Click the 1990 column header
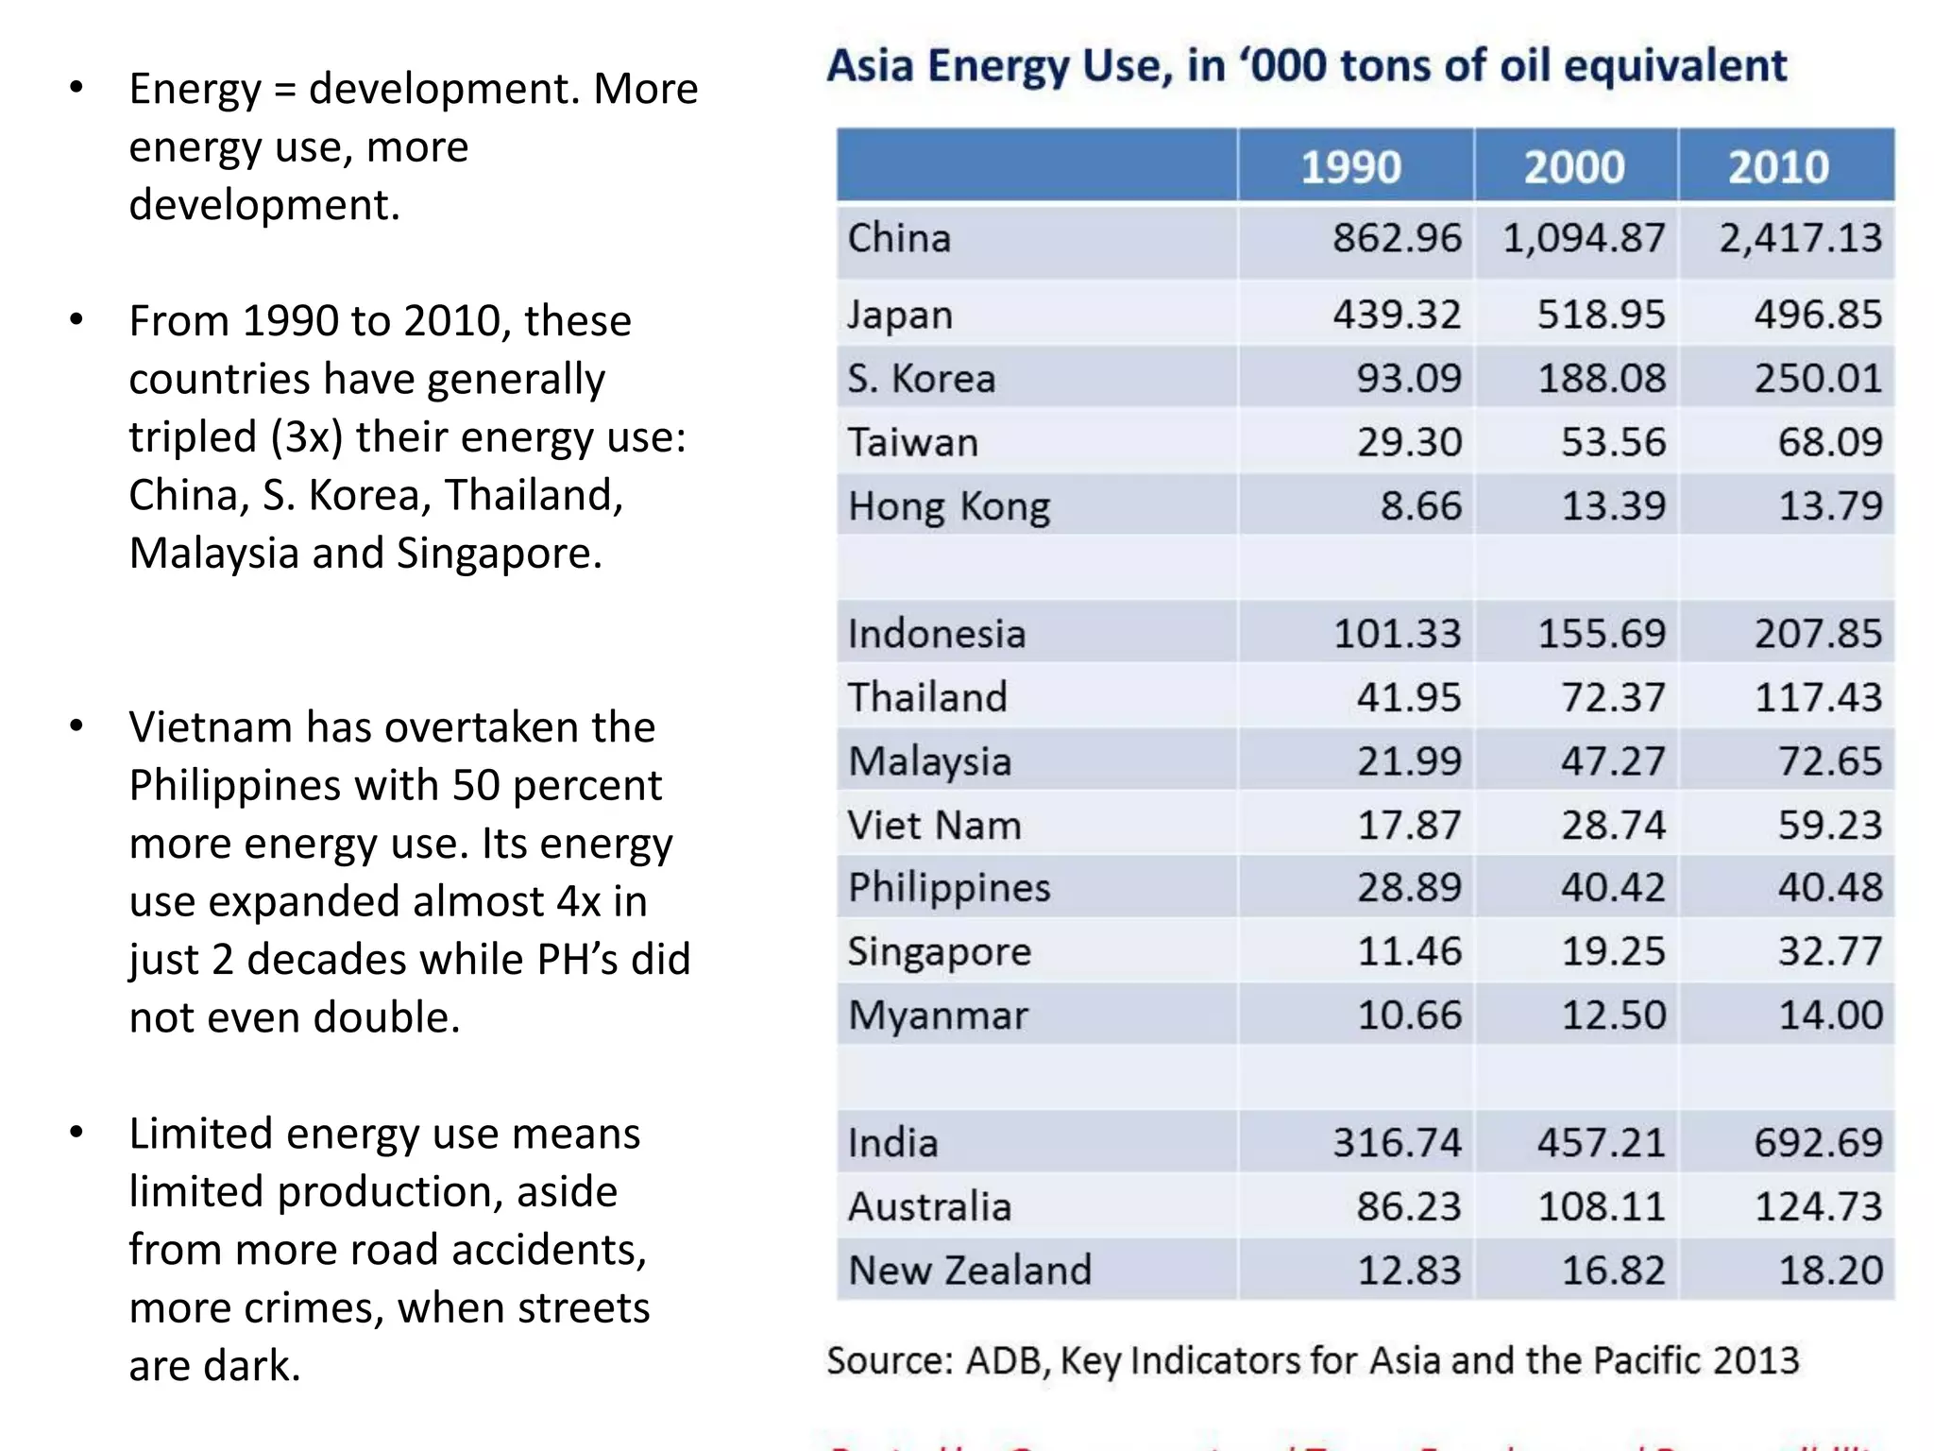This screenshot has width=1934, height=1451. [1350, 167]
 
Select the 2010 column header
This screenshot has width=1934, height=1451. [1778, 167]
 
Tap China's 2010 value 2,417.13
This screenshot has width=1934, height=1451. [1800, 238]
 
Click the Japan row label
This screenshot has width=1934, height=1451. [899, 315]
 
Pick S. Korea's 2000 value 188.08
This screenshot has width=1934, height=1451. [1602, 379]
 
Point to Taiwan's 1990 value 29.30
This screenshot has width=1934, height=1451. [1409, 442]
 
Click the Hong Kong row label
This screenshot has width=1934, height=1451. [948, 506]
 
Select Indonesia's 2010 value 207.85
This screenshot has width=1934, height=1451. [1818, 634]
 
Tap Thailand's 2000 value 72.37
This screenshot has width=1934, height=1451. [1613, 697]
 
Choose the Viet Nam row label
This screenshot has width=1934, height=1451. [934, 825]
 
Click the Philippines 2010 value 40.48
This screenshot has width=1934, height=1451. [1830, 887]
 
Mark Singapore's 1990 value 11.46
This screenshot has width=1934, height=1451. [1409, 951]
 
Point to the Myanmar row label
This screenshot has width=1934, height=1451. [938, 1016]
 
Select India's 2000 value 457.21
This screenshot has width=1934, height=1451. [1602, 1143]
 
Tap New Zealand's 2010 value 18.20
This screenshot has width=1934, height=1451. [1830, 1271]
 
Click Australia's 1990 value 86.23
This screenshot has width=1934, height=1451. [1409, 1206]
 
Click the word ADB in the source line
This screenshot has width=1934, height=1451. [1006, 1361]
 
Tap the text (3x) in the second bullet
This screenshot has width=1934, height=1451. [306, 437]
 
